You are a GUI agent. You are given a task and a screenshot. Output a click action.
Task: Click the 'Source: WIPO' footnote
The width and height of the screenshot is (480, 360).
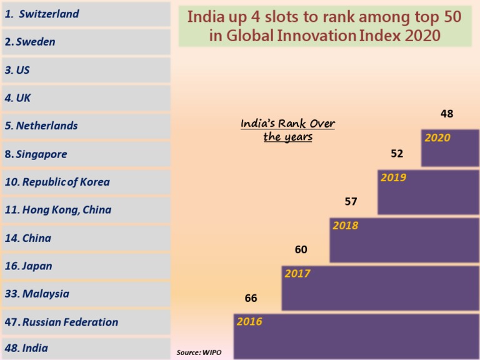coord(199,353)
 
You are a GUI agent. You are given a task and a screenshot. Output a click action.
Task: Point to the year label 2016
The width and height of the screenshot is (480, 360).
coord(249,322)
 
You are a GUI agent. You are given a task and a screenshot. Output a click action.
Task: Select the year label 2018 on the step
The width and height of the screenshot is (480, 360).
coord(345,226)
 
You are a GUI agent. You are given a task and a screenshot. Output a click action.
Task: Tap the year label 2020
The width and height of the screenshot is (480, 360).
coord(437,137)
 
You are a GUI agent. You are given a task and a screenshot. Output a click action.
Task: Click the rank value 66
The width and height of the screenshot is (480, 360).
coord(251,299)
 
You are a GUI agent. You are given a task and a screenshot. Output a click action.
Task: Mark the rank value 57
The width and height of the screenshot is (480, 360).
coord(351,202)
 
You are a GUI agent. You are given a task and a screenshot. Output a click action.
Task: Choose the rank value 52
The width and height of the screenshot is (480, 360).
coord(397,154)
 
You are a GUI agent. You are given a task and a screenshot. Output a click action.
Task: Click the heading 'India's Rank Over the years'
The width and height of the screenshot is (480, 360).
coord(287,130)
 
